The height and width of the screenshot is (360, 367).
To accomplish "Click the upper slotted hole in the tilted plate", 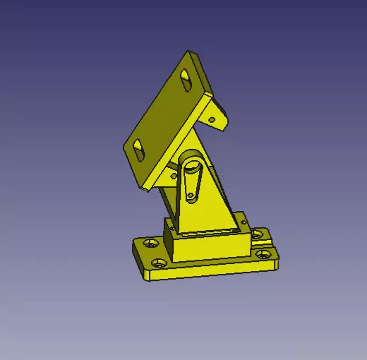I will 186,76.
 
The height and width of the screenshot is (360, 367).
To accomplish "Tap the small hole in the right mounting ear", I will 211,120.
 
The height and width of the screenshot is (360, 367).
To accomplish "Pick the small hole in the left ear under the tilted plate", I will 172,174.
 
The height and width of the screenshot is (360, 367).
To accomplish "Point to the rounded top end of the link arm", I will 192,169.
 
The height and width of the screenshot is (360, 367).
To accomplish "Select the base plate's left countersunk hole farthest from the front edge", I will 150,243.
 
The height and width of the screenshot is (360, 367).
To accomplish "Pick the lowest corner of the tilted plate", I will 143,188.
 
